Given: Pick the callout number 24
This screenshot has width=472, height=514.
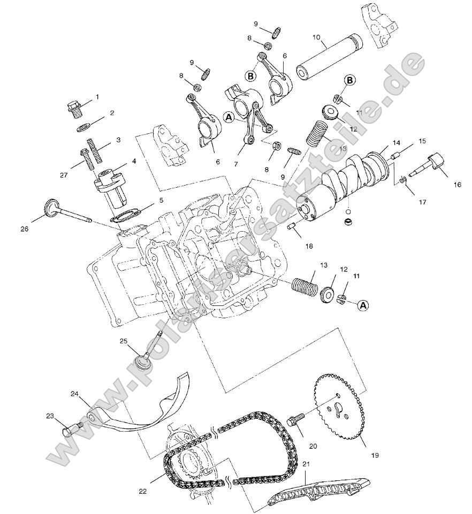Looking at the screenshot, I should tap(75, 394).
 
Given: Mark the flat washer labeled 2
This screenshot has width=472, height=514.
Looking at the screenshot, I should tap(83, 127).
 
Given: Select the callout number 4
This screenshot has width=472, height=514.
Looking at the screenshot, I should tap(133, 161).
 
